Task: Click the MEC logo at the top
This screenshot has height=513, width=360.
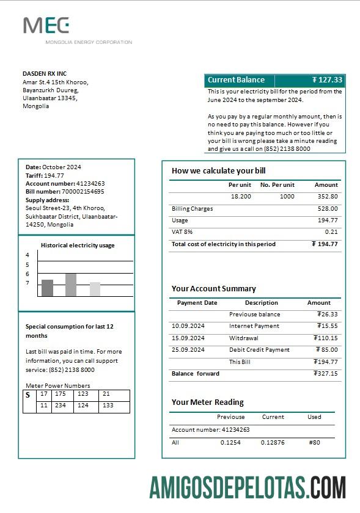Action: (46, 26)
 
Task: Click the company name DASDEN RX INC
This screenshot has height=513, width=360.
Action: (45, 74)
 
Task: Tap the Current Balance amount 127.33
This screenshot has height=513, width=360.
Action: (328, 80)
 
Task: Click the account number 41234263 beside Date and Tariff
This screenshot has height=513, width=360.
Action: (90, 183)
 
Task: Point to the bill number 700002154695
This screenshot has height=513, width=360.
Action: (82, 192)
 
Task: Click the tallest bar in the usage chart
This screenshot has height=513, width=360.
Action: (71, 285)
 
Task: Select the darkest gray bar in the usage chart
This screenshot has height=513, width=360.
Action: (47, 288)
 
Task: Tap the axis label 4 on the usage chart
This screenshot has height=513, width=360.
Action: (28, 255)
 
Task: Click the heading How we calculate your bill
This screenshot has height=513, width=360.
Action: (218, 171)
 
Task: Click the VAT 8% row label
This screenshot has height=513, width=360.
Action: (182, 232)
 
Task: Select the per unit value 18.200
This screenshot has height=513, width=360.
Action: (241, 197)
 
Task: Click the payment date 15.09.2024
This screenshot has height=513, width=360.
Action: (188, 338)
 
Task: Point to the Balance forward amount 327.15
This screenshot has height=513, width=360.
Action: (325, 374)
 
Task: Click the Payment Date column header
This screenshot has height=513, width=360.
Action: (197, 303)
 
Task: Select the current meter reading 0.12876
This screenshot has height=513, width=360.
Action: (273, 442)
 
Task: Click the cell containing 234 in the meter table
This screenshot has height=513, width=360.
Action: (61, 406)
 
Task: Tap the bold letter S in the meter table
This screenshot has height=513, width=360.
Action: (28, 395)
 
